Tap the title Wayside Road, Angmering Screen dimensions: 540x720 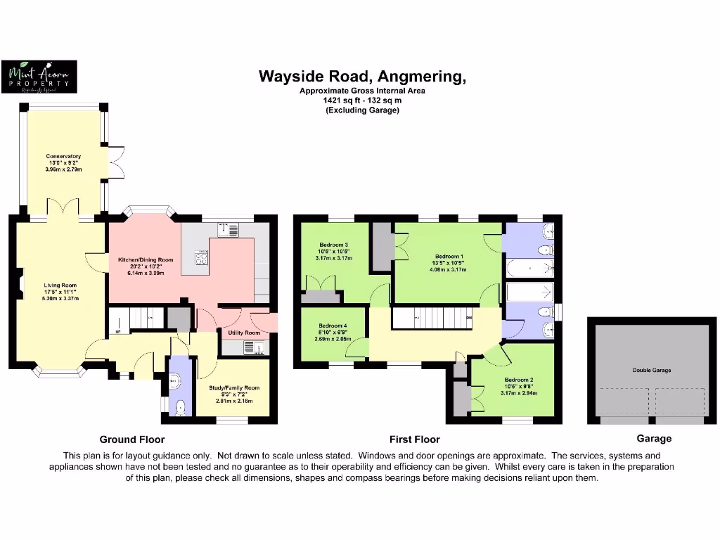(x=362, y=76)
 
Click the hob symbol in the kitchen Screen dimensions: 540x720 (x=201, y=259)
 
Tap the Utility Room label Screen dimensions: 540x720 (x=244, y=332)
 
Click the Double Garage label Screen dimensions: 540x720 (x=652, y=370)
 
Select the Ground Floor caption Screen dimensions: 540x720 (x=131, y=439)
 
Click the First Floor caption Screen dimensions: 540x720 (x=415, y=439)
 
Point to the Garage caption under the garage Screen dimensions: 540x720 (x=654, y=439)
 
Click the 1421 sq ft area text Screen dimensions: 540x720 (x=361, y=101)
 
